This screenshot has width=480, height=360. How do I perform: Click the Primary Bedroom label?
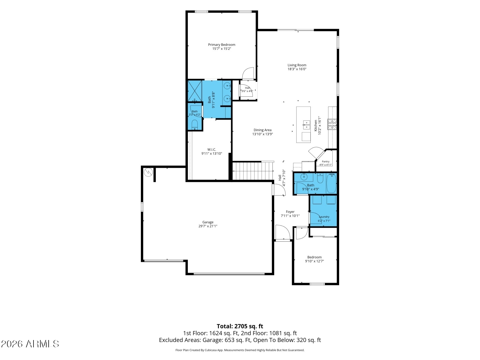pos(222,45)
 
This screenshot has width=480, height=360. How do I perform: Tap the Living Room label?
pos(297,65)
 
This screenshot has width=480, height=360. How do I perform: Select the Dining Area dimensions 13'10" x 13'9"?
pos(263,134)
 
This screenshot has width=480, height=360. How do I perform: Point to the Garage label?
pos(208,222)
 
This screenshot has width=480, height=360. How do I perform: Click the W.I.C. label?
pos(212,150)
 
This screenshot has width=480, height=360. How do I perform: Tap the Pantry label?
pos(326,161)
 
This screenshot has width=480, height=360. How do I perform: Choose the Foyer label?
pos(290,212)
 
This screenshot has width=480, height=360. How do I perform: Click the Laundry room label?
pos(324,217)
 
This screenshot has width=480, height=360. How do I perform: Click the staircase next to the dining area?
pos(253,171)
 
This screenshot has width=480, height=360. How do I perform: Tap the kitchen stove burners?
pos(332,124)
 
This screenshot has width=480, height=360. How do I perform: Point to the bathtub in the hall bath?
pos(331,183)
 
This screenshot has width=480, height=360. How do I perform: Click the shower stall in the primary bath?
pos(195,91)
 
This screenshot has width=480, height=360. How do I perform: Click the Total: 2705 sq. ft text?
pos(240,326)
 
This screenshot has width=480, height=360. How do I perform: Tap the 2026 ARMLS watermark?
pos(30,344)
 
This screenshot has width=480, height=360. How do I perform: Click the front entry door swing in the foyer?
pos(283,232)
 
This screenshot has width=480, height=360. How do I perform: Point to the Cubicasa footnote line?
pos(240,350)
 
